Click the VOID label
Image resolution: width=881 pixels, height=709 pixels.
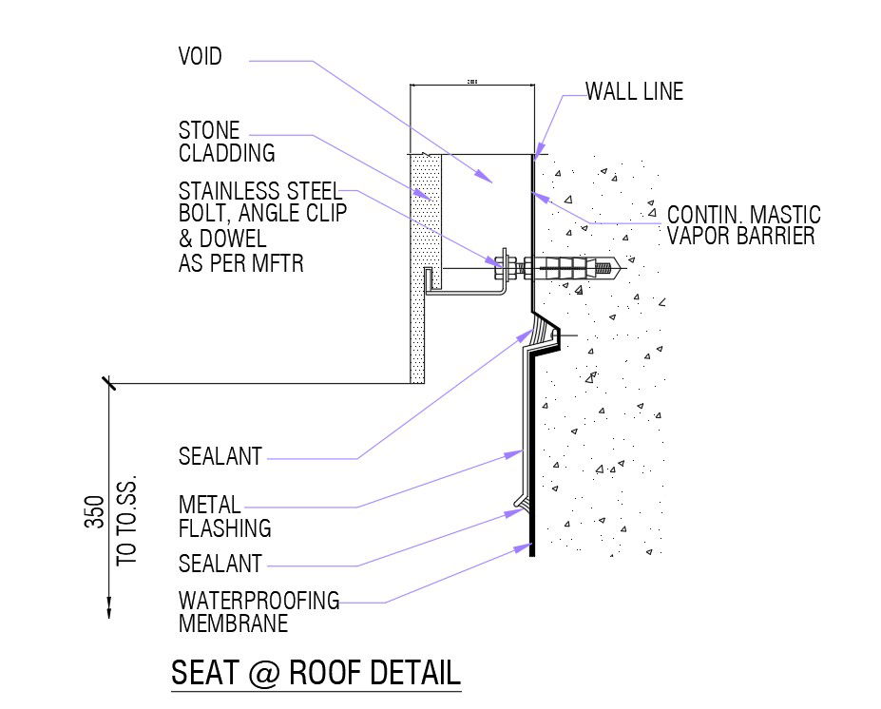(x=200, y=57)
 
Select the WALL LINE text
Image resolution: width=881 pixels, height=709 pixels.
(x=634, y=92)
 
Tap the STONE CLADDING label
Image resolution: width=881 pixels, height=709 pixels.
(x=226, y=142)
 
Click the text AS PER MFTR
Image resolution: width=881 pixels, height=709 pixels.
(x=240, y=263)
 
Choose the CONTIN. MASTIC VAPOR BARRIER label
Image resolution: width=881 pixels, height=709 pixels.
(x=743, y=225)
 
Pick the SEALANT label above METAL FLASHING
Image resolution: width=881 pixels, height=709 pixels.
(x=220, y=457)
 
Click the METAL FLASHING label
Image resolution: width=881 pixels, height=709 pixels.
(x=224, y=516)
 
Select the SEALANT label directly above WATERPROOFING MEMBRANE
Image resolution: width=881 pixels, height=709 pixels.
(x=220, y=565)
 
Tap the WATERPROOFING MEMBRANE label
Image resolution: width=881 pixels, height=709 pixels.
(x=259, y=612)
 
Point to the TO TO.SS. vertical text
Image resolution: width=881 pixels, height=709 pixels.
(x=126, y=521)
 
